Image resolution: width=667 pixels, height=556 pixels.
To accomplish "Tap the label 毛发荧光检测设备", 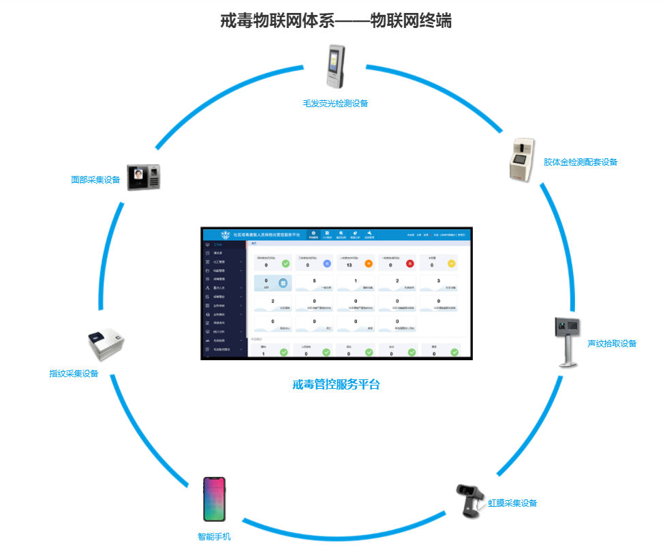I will click(335, 104).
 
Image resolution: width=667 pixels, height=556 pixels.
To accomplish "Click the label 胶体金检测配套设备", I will click(580, 162).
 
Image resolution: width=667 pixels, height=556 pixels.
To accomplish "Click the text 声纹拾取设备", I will click(612, 344).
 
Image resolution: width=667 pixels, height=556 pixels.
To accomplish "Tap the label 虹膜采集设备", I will click(512, 503).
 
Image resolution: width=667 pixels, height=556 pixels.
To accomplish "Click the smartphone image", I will click(214, 499).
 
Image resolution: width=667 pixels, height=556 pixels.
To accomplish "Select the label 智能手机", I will click(214, 537).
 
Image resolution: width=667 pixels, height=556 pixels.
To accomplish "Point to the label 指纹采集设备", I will click(74, 374).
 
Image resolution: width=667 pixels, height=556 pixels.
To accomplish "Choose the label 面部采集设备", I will click(95, 180).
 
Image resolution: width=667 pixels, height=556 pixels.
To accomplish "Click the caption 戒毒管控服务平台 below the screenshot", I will click(336, 385).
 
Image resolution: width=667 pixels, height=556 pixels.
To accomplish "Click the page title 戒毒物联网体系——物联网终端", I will click(336, 21).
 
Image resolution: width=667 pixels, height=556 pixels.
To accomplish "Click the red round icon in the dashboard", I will click(410, 263).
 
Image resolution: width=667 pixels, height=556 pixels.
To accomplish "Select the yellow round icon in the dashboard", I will click(451, 263).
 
